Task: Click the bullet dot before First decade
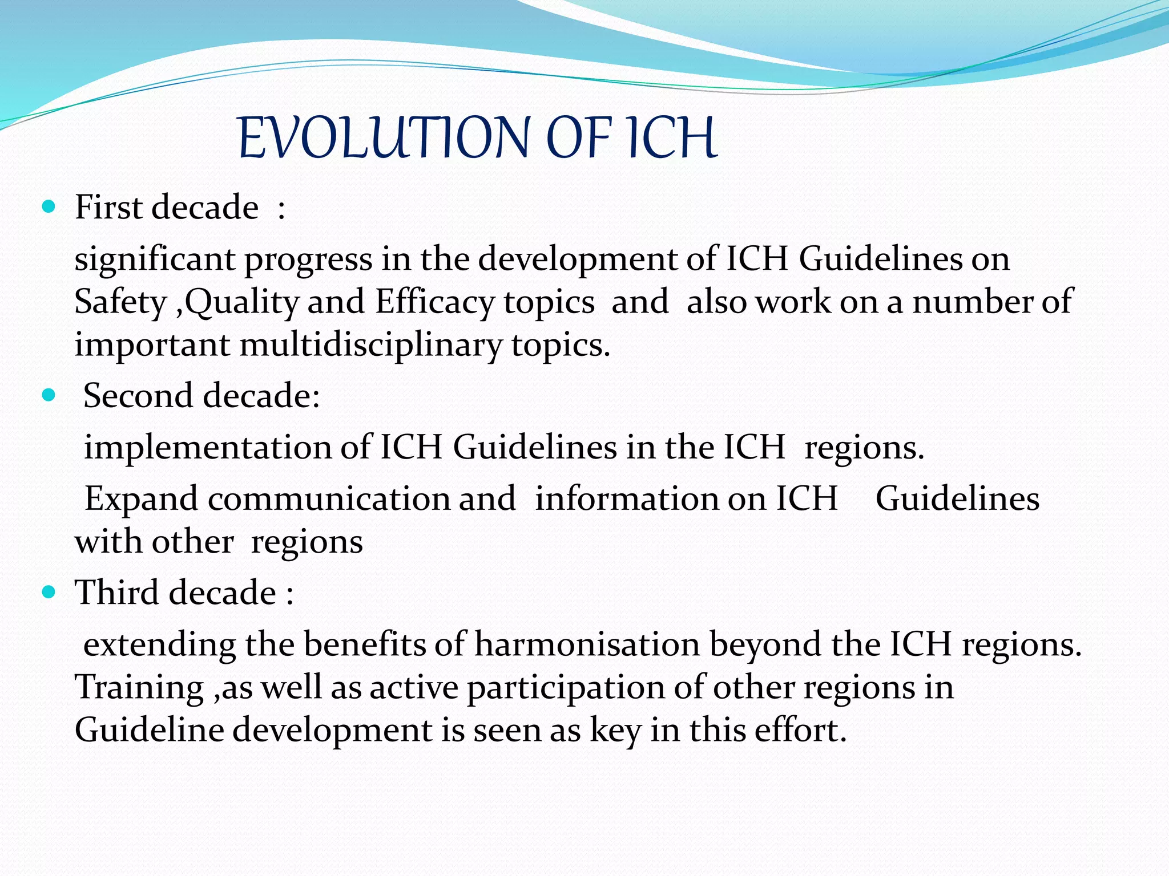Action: [49, 206]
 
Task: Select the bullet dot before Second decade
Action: [49, 395]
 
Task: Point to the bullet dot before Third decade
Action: [49, 593]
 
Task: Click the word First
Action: [108, 207]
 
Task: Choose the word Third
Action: [118, 593]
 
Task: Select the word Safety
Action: [120, 302]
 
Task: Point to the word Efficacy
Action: [434, 302]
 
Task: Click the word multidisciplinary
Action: [370, 345]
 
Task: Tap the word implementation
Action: [208, 447]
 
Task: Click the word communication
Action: [328, 498]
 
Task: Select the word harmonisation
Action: [587, 645]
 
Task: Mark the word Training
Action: [139, 688]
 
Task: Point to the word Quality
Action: [241, 302]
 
